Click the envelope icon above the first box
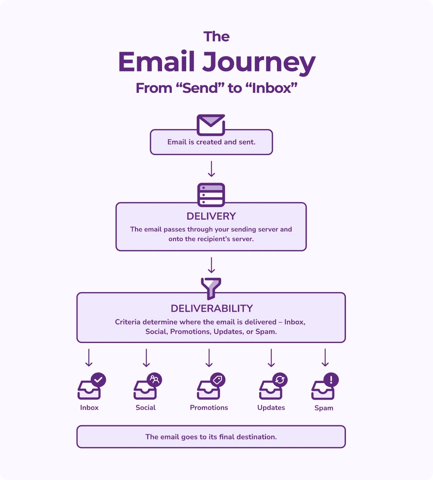[211, 125]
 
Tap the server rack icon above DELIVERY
[211, 195]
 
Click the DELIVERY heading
[211, 216]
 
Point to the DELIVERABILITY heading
[211, 308]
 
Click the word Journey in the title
[259, 62]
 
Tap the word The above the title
[216, 37]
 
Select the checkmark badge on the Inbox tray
[98, 380]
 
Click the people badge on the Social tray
[155, 380]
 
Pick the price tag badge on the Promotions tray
[217, 380]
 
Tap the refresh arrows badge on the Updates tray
[280, 380]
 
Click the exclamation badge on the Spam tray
[331, 380]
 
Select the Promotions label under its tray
[209, 408]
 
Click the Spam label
[324, 408]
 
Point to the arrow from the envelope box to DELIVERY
[211, 169]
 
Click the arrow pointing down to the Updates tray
[271, 358]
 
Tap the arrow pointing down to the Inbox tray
[89, 358]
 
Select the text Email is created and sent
[211, 142]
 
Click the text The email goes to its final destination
[211, 437]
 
